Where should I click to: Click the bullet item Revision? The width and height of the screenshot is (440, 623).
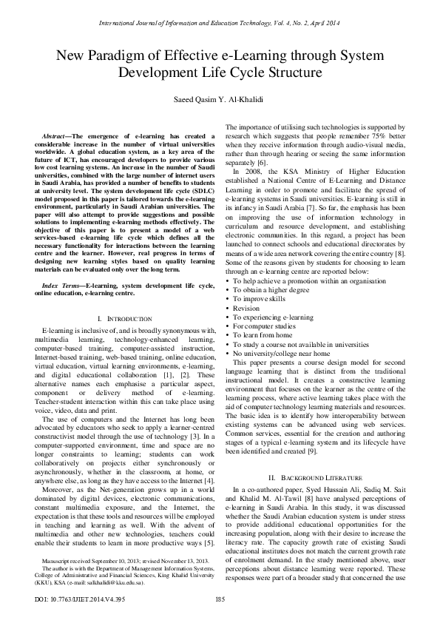click(246, 308)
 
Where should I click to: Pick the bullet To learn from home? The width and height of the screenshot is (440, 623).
click(263, 334)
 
